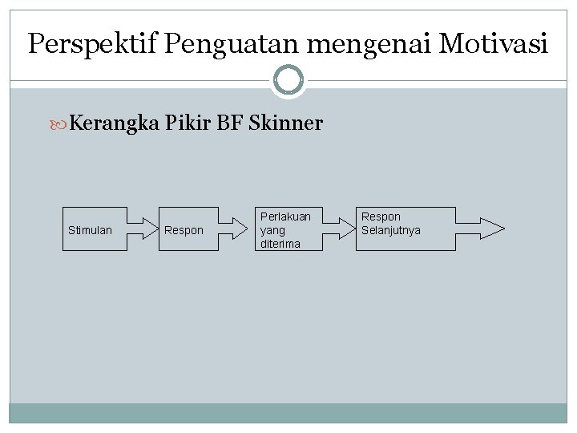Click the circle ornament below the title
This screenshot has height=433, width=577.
pos(288,80)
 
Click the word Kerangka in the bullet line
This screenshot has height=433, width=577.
pos(113,123)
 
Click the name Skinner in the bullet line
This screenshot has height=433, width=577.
pos(285,123)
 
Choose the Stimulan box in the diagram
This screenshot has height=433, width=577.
pos(95,230)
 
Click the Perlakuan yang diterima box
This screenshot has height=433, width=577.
pos(286,230)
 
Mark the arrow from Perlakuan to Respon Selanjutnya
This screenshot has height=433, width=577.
pos(338,229)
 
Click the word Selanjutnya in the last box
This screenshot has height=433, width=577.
pos(391,231)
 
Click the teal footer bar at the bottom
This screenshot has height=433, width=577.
pos(288,413)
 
